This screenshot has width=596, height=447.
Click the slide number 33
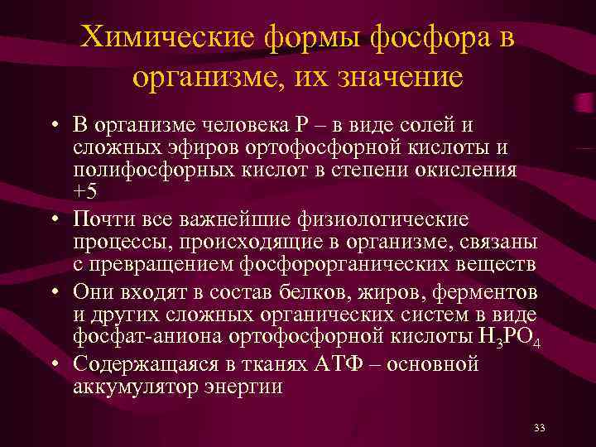click(540, 428)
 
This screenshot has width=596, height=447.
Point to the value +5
click(85, 190)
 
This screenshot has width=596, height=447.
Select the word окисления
click(470, 170)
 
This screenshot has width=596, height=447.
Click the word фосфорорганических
click(351, 265)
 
